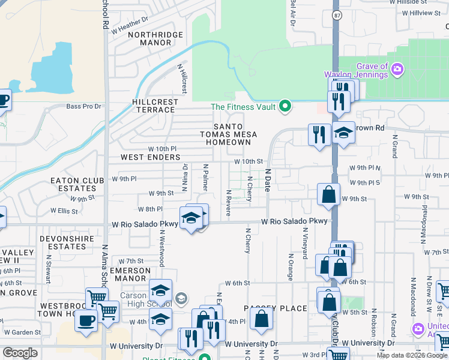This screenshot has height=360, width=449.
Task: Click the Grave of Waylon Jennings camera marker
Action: pos(397,70)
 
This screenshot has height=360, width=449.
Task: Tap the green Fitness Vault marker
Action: pos(286,107)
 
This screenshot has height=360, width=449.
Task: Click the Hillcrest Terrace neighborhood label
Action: pos(155,106)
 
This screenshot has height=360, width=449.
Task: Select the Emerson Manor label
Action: pos(130,274)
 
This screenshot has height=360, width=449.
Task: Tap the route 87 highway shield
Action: pos(336,14)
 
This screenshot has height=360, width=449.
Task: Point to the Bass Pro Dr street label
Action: pos(83,106)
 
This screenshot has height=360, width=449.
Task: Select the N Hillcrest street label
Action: pos(184,79)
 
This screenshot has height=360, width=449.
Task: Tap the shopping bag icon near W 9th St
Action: pos(328,195)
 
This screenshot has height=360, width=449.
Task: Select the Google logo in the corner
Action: pos(20,353)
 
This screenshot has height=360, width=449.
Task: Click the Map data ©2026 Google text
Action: pos(412,355)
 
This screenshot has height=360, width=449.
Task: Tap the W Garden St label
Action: pos(22,332)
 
